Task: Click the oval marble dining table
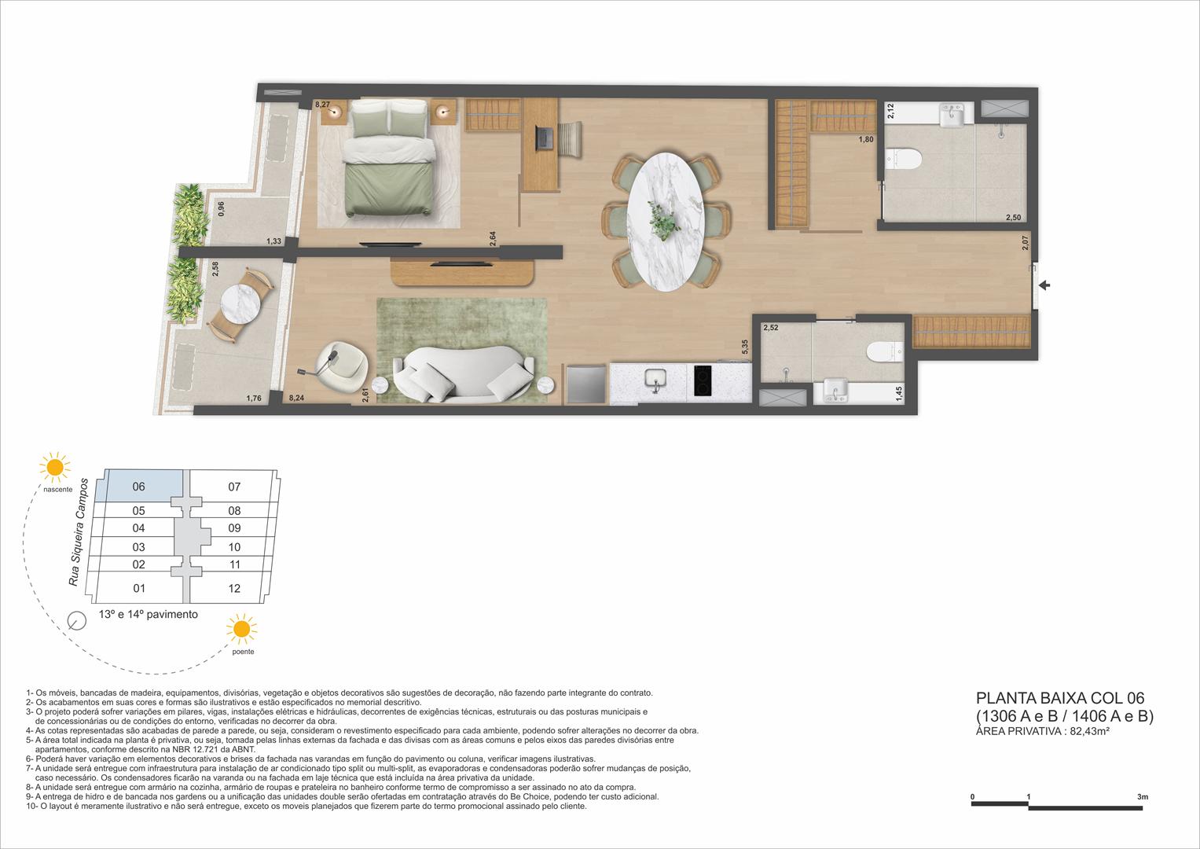[x=665, y=222]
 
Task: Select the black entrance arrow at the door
[x=1044, y=285]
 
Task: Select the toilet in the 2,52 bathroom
[x=885, y=352]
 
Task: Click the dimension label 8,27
[x=322, y=105]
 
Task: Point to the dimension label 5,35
[x=745, y=347]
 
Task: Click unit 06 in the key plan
[x=139, y=487]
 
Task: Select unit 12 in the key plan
[x=234, y=589]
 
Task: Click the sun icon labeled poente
[x=241, y=629]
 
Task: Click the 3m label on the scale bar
[x=1143, y=797]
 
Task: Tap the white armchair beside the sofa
[x=341, y=365]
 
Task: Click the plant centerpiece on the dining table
[x=663, y=220]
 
